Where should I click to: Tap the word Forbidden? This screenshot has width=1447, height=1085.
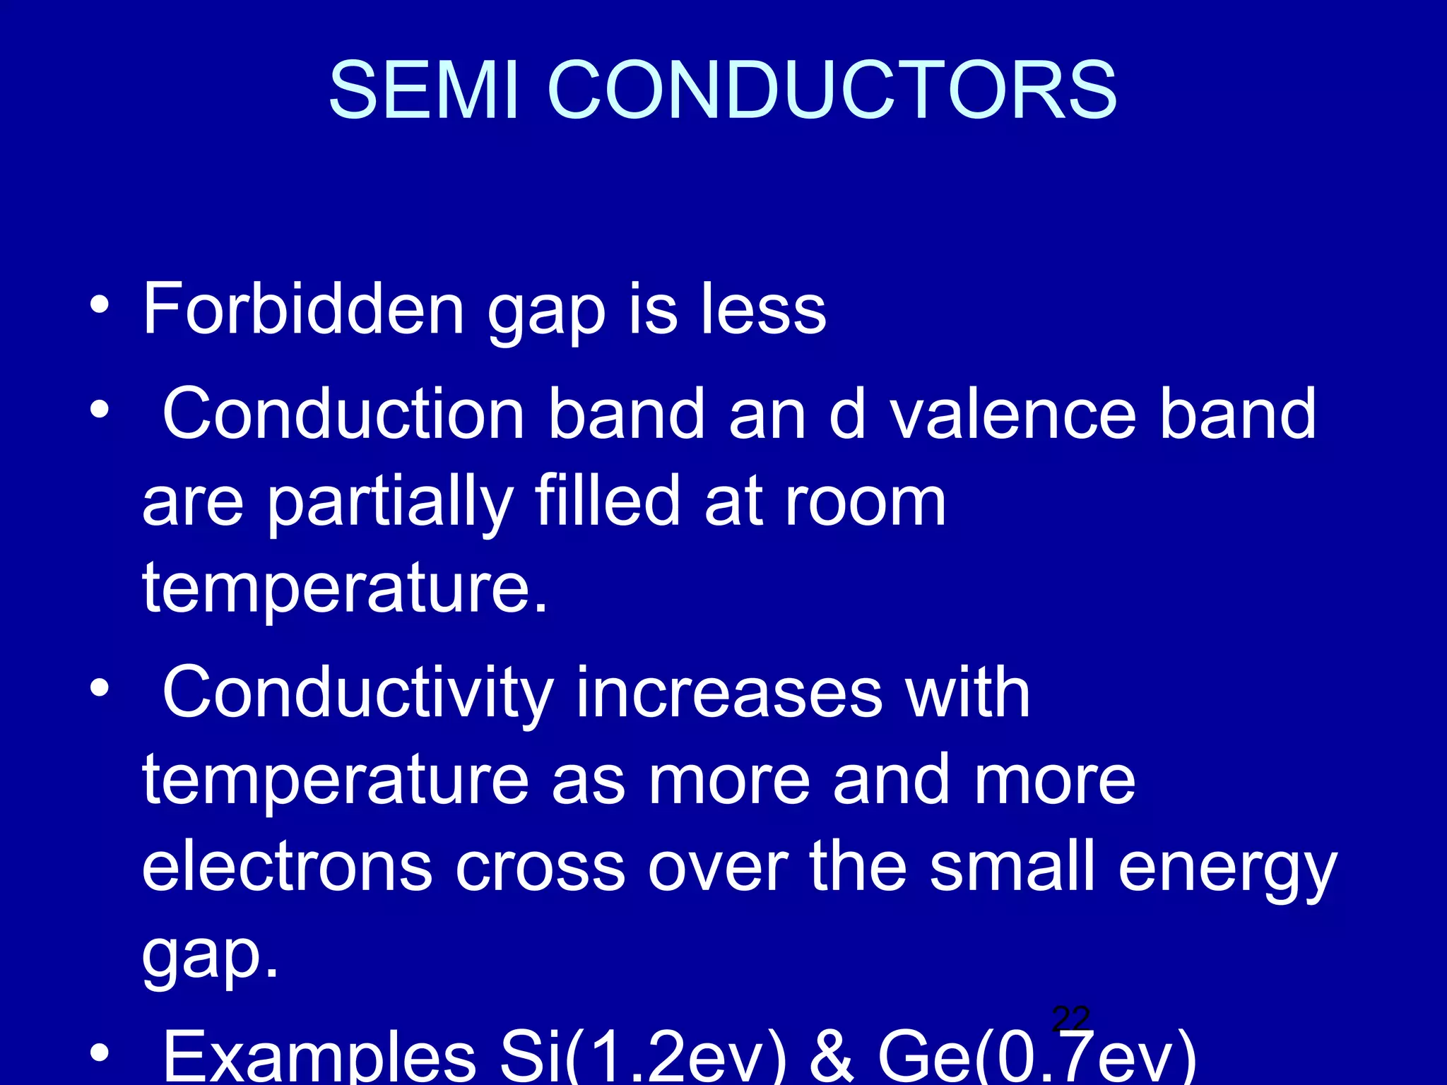point(304,309)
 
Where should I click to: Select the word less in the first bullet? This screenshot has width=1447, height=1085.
point(763,309)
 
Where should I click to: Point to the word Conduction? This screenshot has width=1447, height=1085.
point(343,414)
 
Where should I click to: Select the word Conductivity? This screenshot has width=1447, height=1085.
point(358,694)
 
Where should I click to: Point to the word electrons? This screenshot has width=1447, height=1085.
point(287,867)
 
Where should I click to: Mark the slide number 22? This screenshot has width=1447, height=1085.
point(1070,1019)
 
